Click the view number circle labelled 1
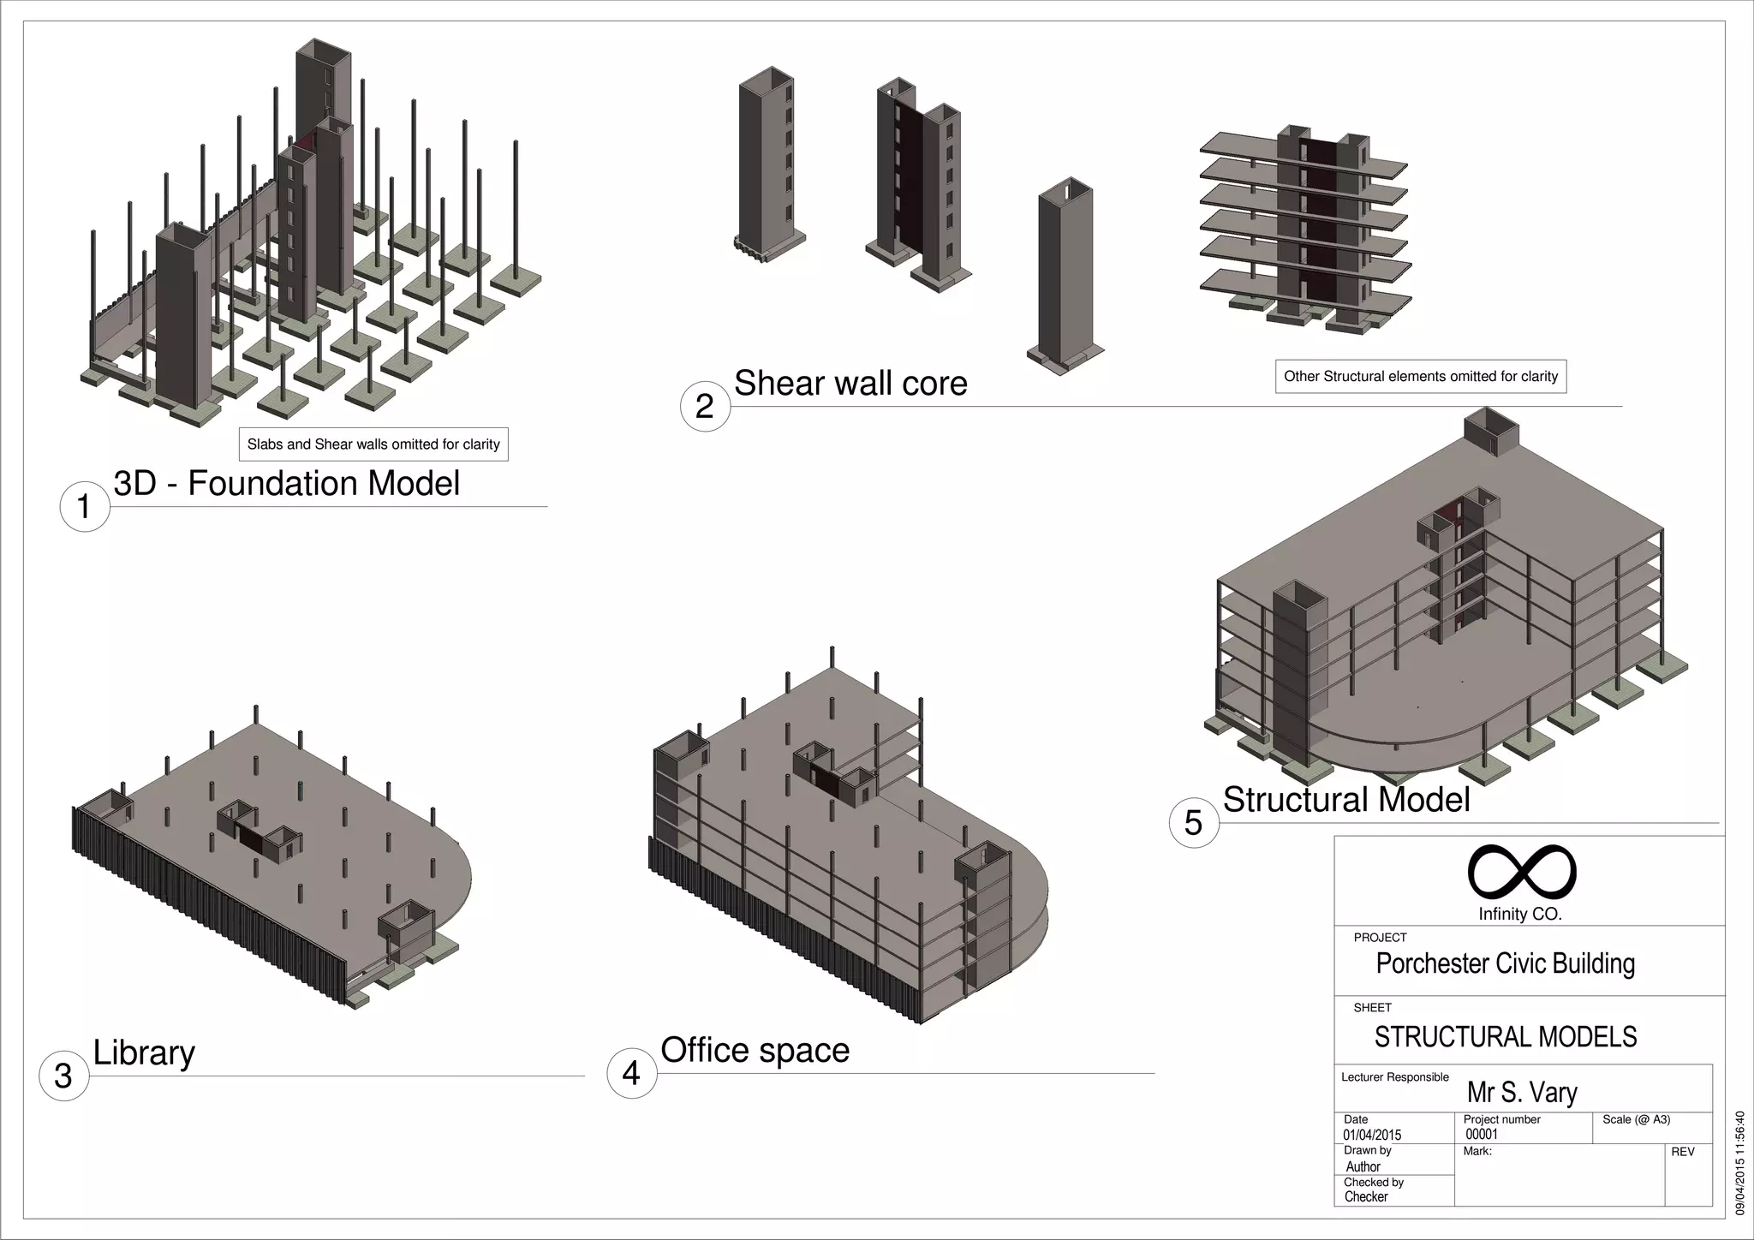[84, 506]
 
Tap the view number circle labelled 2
[705, 406]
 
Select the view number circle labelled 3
[63, 1076]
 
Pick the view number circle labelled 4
[631, 1073]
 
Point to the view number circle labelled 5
[1193, 823]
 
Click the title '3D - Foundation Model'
[287, 483]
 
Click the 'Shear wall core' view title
[850, 383]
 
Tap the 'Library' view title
[144, 1052]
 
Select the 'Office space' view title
[755, 1050]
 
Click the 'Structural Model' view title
[1346, 799]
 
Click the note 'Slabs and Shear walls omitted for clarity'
[373, 444]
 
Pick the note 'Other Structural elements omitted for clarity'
[1421, 376]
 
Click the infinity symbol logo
[1522, 872]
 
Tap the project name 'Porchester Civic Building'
[1505, 963]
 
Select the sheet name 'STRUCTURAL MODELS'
[1505, 1037]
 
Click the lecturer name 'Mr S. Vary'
[1522, 1093]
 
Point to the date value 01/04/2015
[1372, 1136]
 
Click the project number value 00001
[1482, 1135]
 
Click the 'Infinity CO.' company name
[1520, 915]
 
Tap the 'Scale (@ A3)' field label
[1636, 1119]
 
